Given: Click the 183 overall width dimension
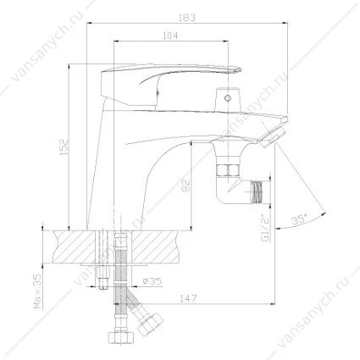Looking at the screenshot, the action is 187,18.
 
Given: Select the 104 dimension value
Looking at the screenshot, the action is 170,36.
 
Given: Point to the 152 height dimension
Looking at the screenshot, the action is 64,147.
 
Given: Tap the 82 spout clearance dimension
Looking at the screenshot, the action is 187,186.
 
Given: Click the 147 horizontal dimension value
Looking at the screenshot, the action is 188,298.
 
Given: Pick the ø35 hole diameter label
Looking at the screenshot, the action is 152,281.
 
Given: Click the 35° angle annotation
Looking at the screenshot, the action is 300,219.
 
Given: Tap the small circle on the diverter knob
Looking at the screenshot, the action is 227,98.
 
